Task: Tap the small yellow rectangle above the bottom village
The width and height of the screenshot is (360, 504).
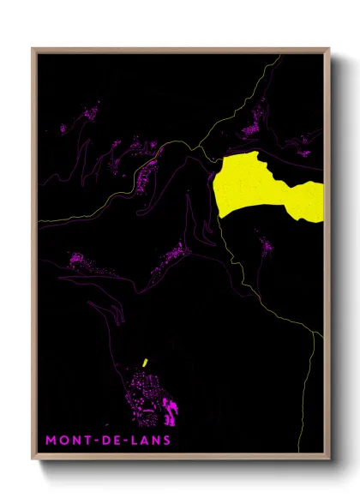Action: pyautogui.click(x=146, y=363)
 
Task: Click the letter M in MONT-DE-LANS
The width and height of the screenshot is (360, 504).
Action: pyautogui.click(x=51, y=440)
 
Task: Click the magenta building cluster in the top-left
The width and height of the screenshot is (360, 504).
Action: pyautogui.click(x=86, y=116)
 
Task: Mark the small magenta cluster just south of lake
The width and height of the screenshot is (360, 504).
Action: pyautogui.click(x=266, y=249)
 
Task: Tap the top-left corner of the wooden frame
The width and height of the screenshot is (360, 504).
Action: pyautogui.click(x=33, y=49)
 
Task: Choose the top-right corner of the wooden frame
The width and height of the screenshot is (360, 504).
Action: pyautogui.click(x=329, y=49)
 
